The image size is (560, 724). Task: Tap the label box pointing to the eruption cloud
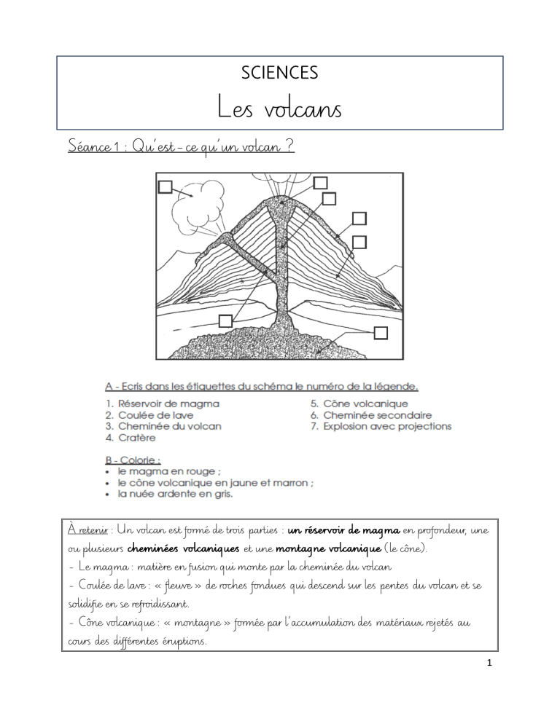pyautogui.click(x=166, y=187)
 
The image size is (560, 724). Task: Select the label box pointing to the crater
pyautogui.click(x=320, y=182)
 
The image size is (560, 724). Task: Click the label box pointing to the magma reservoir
pyautogui.click(x=381, y=333)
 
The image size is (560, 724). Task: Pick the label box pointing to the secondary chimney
pyautogui.click(x=226, y=320)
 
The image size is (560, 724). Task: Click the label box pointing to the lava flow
pyautogui.click(x=359, y=218)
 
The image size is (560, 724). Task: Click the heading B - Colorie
pyautogui.click(x=131, y=460)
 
